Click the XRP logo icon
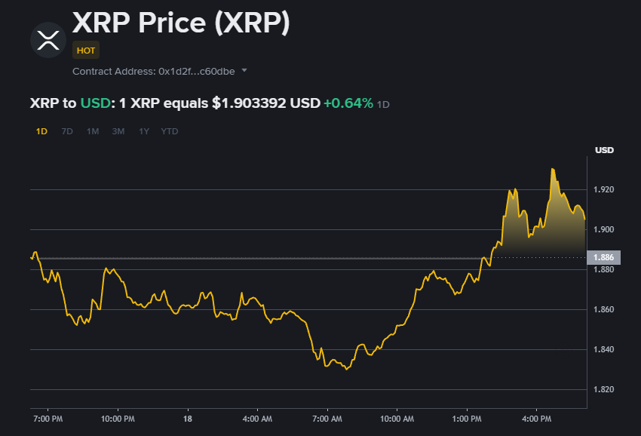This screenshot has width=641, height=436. (48, 39)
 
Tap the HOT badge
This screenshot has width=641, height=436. (85, 50)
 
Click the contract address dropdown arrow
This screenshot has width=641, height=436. (244, 72)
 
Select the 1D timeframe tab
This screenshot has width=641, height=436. (41, 131)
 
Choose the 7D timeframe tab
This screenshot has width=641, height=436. (67, 131)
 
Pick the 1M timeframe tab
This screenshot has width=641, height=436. (93, 131)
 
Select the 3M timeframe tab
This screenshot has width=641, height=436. (118, 131)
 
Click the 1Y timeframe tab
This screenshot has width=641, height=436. (144, 131)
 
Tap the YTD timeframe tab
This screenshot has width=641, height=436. (170, 131)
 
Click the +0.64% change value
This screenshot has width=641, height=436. (348, 103)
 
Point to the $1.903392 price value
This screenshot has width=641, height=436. (249, 103)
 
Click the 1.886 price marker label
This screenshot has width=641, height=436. (603, 258)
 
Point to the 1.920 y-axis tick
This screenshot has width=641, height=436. (603, 189)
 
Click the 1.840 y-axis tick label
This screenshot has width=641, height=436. (603, 349)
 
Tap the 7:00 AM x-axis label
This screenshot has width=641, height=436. (327, 418)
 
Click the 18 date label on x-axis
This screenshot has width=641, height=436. (188, 418)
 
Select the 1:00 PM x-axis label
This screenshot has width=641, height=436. (467, 418)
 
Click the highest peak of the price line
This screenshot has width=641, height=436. (552, 169)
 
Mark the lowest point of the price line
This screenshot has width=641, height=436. (346, 370)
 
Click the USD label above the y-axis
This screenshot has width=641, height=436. (604, 150)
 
